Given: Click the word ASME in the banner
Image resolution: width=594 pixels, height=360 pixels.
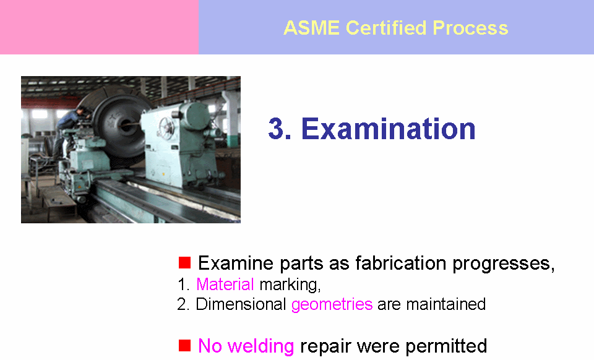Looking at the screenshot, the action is [x=311, y=28].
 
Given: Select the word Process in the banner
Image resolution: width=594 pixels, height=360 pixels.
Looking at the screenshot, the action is [x=470, y=28].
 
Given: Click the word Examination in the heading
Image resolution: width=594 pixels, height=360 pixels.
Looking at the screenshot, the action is [x=388, y=129].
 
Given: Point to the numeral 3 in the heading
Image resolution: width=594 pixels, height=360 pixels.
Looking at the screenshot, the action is [x=277, y=129].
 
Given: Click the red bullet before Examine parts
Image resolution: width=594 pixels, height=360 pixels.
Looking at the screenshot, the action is [x=184, y=263].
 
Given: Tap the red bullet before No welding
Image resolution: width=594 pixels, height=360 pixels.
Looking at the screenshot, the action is [x=184, y=345].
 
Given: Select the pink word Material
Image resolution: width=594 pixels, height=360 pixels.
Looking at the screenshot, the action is [x=225, y=285].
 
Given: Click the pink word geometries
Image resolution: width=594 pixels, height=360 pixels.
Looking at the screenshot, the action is [x=332, y=305].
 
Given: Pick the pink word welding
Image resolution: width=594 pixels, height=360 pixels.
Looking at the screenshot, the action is [x=260, y=346].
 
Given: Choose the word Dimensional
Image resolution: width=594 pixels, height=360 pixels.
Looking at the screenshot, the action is [x=241, y=304].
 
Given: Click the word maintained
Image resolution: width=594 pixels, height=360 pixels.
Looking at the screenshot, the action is [x=446, y=304].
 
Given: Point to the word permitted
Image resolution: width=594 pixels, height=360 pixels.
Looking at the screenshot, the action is [x=446, y=346].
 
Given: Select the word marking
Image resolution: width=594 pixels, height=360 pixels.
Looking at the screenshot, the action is [x=289, y=285].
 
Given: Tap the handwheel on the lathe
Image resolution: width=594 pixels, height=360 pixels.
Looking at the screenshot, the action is [x=166, y=126].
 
